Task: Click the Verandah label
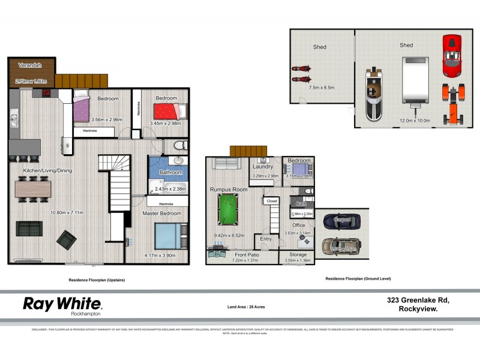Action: pyautogui.click(x=29, y=65)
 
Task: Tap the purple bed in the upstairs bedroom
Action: pyautogui.click(x=82, y=110)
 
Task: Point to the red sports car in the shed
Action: pyautogui.click(x=452, y=56)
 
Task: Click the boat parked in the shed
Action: pyautogui.click(x=377, y=92)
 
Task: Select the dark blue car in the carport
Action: pyautogui.click(x=340, y=221)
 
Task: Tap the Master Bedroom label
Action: pyautogui.click(x=162, y=214)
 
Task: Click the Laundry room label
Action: pyautogui.click(x=263, y=167)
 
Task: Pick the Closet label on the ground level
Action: pyautogui.click(x=272, y=202)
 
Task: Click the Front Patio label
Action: pyautogui.click(x=244, y=255)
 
